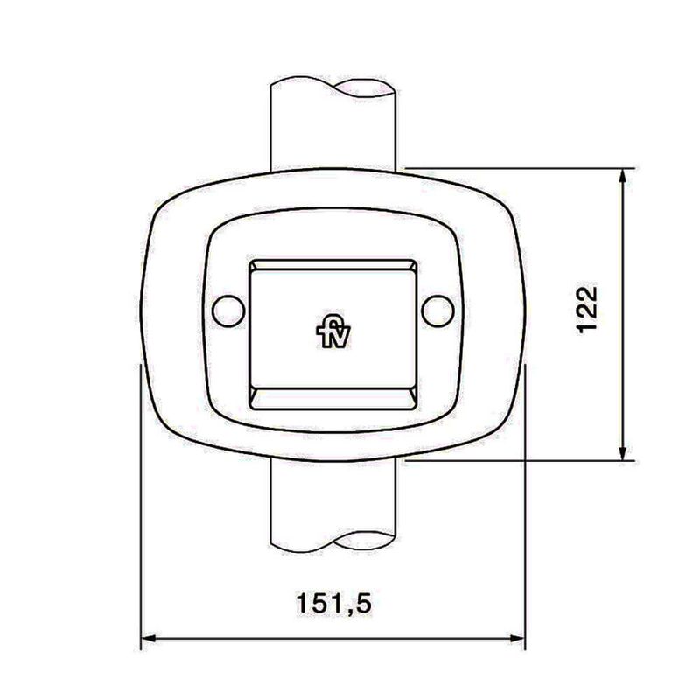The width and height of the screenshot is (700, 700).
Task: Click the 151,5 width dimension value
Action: [333, 604]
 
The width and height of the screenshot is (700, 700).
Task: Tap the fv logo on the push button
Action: [332, 333]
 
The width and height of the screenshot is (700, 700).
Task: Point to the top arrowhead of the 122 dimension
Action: [622, 176]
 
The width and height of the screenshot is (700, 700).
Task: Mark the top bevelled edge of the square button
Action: [332, 265]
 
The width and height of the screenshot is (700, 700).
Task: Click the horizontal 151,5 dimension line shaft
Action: [262, 640]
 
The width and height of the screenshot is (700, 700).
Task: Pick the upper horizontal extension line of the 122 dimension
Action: [525, 167]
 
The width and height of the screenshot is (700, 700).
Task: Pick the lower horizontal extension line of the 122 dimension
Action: [525, 460]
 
